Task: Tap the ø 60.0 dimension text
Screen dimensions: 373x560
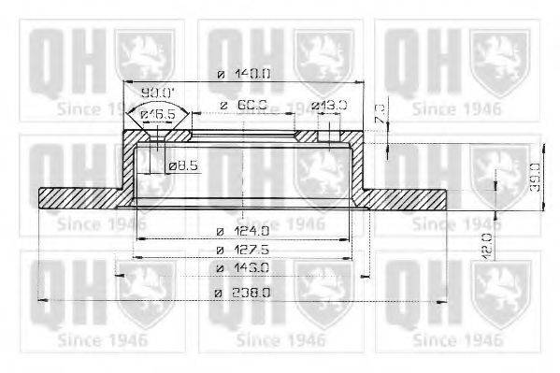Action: point(238,106)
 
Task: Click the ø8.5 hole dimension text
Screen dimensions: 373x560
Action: point(183,166)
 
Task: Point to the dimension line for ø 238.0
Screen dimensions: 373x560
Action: point(140,300)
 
